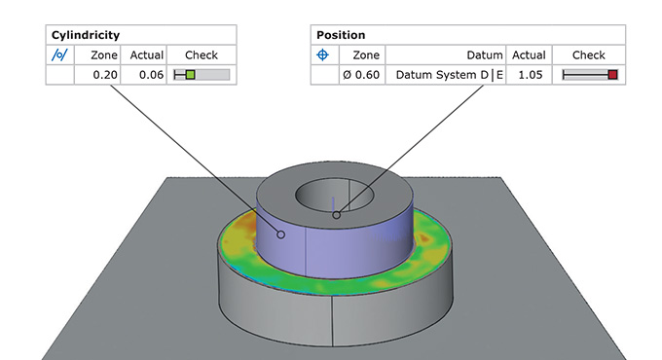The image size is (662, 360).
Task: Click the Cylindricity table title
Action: coord(86,35)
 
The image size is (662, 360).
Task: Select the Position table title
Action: coord(341,35)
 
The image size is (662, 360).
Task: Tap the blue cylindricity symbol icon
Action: coord(59,54)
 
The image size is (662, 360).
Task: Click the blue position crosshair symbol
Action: coord(322,54)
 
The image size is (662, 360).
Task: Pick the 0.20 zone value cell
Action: coord(105,75)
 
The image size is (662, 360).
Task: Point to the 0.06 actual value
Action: coord(151,75)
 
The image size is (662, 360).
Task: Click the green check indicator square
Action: coord(191,75)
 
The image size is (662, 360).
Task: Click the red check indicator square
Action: coord(612,75)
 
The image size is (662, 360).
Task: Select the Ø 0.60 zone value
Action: coord(361,75)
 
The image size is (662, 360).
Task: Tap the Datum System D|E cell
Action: coord(449,75)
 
